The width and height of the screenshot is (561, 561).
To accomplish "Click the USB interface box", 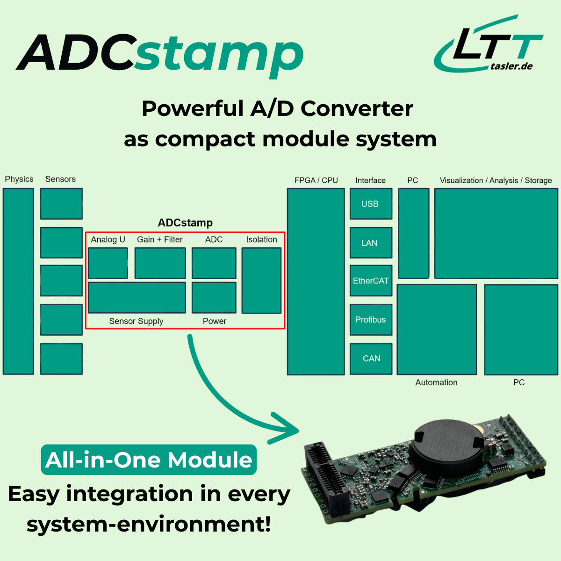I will [371, 204].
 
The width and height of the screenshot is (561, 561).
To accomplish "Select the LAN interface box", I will [371, 243].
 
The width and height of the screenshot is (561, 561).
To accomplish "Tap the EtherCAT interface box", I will [371, 280].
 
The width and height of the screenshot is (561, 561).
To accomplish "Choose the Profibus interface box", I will [371, 320].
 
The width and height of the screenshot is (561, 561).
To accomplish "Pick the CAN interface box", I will [371, 359].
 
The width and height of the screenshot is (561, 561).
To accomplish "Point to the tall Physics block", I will [19, 281].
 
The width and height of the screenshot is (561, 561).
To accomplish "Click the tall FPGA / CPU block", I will [316, 281].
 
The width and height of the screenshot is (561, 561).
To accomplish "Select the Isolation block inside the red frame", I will [261, 280].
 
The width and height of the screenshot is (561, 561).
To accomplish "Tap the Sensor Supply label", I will [136, 321].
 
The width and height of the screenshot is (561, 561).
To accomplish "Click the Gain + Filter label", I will [160, 239].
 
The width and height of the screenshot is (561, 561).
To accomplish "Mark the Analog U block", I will [108, 263].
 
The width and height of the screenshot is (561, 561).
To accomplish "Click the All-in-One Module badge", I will [149, 460].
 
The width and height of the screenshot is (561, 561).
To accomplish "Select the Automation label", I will [436, 382].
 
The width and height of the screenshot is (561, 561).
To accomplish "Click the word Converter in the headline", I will [357, 109].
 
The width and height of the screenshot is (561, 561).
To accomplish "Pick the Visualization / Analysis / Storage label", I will [496, 180].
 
